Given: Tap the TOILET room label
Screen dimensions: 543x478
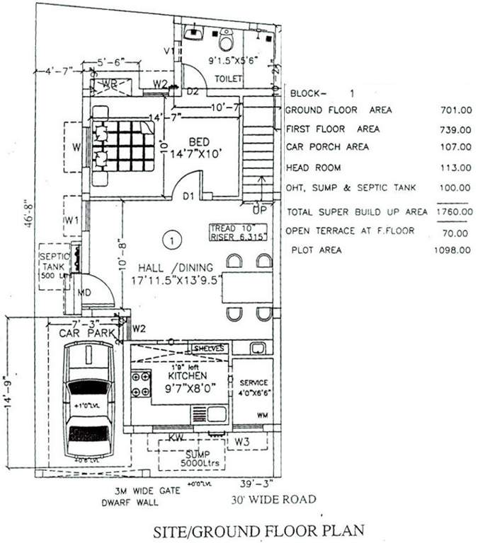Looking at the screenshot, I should pyautogui.click(x=228, y=78).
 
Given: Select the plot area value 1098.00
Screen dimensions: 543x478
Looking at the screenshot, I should pyautogui.click(x=453, y=250).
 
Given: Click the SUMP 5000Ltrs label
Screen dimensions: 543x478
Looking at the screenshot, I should pyautogui.click(x=191, y=457).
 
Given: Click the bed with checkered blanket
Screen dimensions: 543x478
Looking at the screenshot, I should pyautogui.click(x=122, y=145).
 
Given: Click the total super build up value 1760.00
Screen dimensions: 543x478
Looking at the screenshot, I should pyautogui.click(x=454, y=211).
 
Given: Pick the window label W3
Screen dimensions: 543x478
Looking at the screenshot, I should pyautogui.click(x=242, y=442).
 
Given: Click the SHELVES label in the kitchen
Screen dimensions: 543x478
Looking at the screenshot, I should pyautogui.click(x=210, y=349).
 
